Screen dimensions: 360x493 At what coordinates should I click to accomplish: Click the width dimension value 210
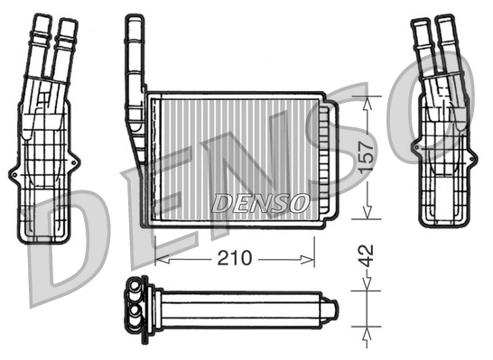[234, 259]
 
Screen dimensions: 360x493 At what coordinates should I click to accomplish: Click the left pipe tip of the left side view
[42, 21]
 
